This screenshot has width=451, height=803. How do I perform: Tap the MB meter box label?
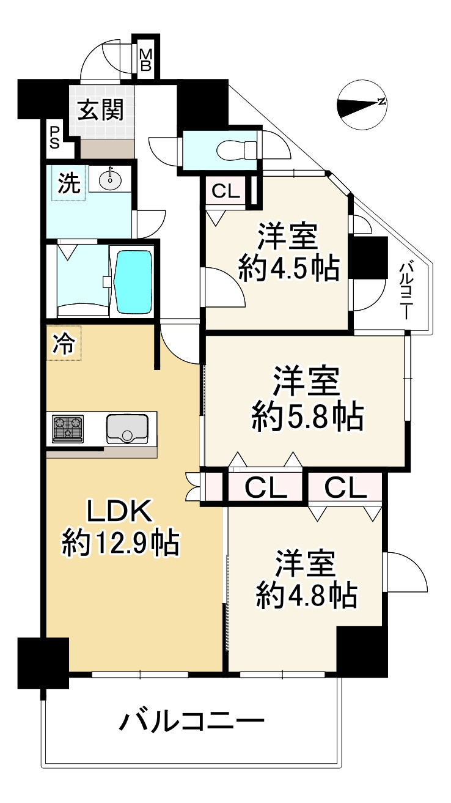point(146,60)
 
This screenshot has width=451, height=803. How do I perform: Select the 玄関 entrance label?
point(100,111)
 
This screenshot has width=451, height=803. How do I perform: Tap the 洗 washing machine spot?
point(69,185)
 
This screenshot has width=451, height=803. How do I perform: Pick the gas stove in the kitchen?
point(67,428)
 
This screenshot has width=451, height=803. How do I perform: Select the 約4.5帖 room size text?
point(288,268)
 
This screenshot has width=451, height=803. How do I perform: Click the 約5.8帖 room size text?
point(307,417)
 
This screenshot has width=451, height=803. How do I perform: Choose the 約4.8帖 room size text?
point(306,594)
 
